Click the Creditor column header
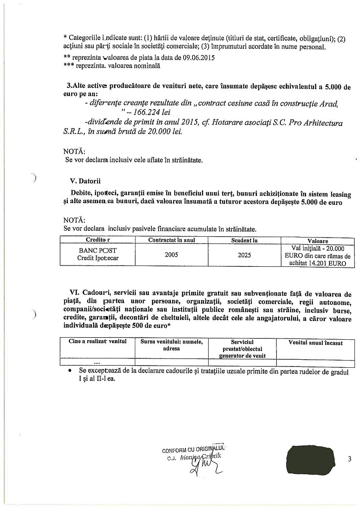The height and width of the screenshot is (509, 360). click(98, 241)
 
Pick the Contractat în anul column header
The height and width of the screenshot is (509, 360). click(171, 241)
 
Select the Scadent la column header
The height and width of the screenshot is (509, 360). click(244, 241)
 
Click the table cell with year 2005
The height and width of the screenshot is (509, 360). click(171, 255)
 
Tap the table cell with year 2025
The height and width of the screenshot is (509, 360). click(244, 255)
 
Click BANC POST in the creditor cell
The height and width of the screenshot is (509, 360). click(98, 251)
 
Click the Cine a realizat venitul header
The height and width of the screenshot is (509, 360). click(98, 342)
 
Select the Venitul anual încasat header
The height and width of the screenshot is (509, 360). click(315, 343)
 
